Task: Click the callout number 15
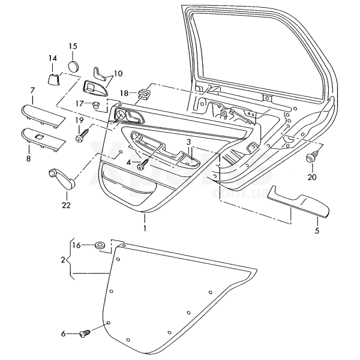coord(73,46)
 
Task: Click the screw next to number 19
coord(81,137)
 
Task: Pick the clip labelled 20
coord(311,159)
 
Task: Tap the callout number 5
coord(317,229)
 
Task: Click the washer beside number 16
coord(99,245)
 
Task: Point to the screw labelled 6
coord(85,332)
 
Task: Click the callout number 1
coord(144,229)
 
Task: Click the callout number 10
coord(118,73)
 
